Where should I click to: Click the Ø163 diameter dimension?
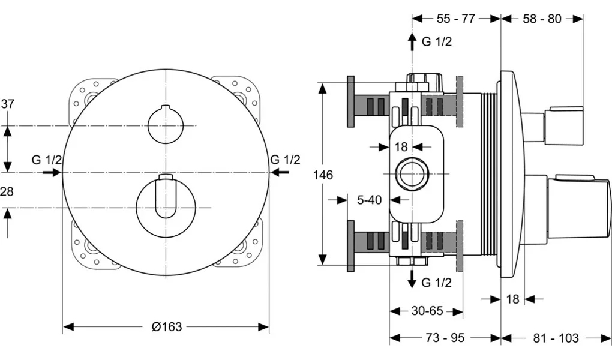[167, 326]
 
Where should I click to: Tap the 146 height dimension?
[323, 175]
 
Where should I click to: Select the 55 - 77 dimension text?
[456, 19]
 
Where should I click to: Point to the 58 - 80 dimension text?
[542, 19]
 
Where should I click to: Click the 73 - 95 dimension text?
[445, 338]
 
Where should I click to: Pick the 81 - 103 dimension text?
[556, 338]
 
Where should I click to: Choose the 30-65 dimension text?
[427, 311]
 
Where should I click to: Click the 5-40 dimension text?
[369, 200]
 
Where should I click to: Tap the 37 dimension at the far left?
[7, 104]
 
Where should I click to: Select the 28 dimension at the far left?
[7, 191]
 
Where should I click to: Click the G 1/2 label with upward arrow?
[437, 41]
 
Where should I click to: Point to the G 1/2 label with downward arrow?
[436, 282]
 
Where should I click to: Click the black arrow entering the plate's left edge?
[53, 172]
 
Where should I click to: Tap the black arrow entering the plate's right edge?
[280, 172]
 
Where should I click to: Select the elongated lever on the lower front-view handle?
[166, 196]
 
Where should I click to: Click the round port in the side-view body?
[412, 174]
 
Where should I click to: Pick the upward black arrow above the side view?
[412, 42]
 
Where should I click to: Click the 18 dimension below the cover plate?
[512, 299]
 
